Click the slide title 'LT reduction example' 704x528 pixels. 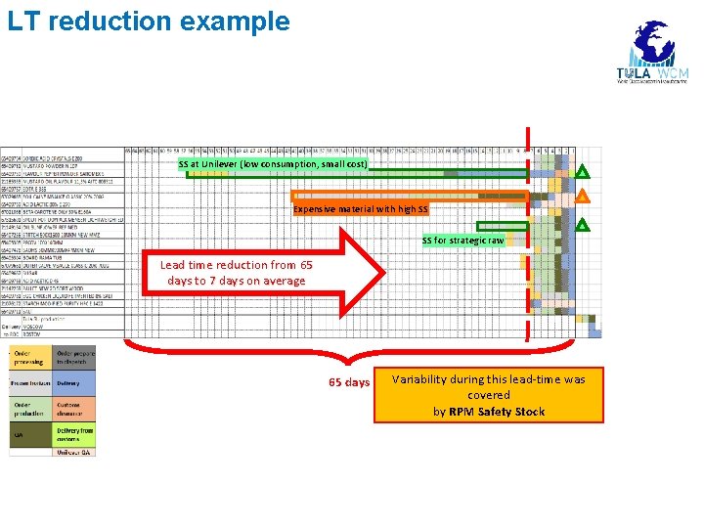[x=149, y=21]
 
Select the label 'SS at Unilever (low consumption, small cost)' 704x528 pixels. [x=273, y=164]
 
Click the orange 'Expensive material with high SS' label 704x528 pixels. [x=361, y=209]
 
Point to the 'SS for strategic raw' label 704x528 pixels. [x=462, y=241]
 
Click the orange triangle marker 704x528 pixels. [x=582, y=196]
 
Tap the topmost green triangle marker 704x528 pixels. [x=582, y=173]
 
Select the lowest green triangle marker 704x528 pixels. [x=582, y=226]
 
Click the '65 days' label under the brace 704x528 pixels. [x=349, y=382]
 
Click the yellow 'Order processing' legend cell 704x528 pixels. [x=29, y=357]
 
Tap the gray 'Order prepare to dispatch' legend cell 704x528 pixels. [x=74, y=357]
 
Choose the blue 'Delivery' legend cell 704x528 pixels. [x=74, y=383]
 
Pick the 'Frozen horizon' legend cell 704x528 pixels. [x=29, y=383]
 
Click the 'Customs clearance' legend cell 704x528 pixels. [x=74, y=408]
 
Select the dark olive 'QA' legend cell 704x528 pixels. [x=29, y=435]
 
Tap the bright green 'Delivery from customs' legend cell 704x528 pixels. [x=74, y=435]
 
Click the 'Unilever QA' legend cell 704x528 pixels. [x=74, y=452]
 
